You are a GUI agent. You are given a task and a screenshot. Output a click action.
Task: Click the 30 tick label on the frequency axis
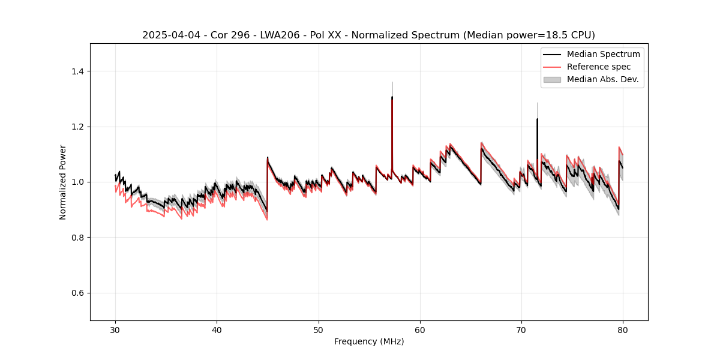pyautogui.click(x=115, y=329)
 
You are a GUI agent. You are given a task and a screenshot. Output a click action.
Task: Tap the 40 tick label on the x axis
pyautogui.click(x=217, y=329)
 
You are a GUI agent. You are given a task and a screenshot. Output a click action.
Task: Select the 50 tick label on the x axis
pyautogui.click(x=318, y=329)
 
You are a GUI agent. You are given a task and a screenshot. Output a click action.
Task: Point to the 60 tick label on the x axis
pyautogui.click(x=420, y=329)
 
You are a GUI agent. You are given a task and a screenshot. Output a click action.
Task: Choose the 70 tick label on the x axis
pyautogui.click(x=521, y=329)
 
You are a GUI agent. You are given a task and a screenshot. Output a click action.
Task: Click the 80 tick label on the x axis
pyautogui.click(x=623, y=329)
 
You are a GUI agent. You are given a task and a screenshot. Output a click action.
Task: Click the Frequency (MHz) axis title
pyautogui.click(x=369, y=341)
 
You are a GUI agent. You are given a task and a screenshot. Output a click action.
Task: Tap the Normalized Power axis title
pyautogui.click(x=63, y=182)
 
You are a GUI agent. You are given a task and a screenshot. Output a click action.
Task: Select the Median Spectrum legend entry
pyautogui.click(x=603, y=54)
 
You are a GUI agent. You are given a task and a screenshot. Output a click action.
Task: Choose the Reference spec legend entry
pyautogui.click(x=599, y=67)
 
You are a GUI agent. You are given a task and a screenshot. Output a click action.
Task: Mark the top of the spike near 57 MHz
pyautogui.click(x=392, y=97)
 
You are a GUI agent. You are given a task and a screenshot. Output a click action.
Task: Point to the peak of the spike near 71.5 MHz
pyautogui.click(x=537, y=119)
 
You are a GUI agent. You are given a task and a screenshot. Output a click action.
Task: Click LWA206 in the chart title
pyautogui.click(x=272, y=35)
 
